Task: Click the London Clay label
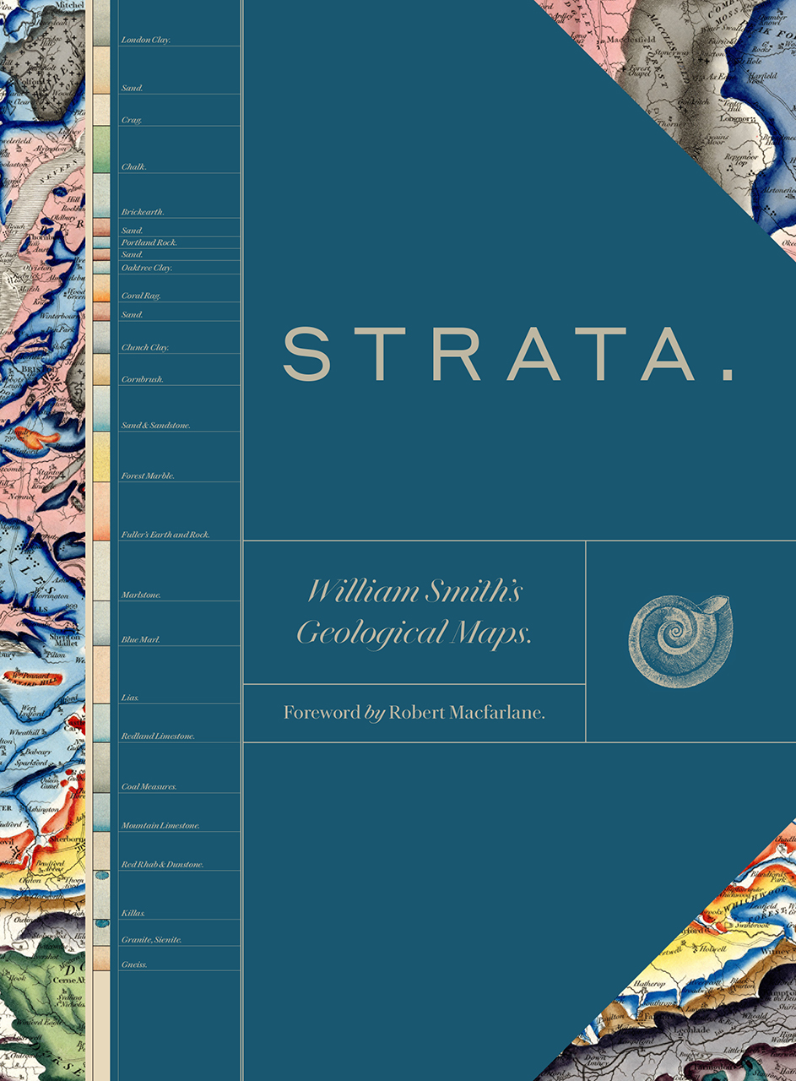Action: click(x=146, y=40)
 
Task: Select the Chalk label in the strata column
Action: click(x=134, y=167)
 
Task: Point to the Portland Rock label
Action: click(x=149, y=242)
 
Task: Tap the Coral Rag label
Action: click(x=141, y=296)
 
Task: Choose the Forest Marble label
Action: click(x=149, y=476)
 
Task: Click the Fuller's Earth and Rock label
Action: click(x=165, y=535)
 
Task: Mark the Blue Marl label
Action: click(x=141, y=640)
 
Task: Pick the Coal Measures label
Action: click(x=149, y=787)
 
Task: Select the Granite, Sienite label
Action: click(x=152, y=940)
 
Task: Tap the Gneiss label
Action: click(x=135, y=964)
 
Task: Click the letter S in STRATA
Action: click(x=304, y=355)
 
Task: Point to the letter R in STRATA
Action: click(x=462, y=355)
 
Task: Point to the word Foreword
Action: click(x=322, y=713)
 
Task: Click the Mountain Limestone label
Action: click(x=160, y=826)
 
